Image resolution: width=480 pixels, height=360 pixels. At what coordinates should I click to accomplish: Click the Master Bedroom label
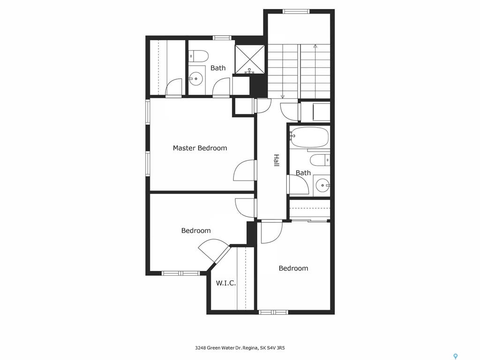[200, 148]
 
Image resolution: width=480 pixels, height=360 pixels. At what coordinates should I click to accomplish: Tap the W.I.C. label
[226, 283]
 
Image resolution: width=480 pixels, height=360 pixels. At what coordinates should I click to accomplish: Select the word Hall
[277, 160]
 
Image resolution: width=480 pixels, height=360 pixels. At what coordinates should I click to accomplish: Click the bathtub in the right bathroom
[309, 137]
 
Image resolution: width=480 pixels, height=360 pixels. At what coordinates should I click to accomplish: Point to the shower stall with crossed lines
[250, 60]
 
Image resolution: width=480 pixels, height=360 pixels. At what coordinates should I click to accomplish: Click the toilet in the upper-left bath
[198, 55]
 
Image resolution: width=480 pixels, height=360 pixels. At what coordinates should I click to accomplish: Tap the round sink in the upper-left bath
[195, 79]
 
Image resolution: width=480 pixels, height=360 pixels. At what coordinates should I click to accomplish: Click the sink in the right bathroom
[322, 185]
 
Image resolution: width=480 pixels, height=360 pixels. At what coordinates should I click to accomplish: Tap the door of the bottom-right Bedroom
[271, 232]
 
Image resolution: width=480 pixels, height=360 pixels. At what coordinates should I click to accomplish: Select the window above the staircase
[296, 12]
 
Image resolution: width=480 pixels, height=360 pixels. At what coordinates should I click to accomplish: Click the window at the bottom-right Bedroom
[273, 312]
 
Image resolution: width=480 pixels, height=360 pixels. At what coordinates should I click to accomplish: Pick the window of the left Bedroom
[180, 273]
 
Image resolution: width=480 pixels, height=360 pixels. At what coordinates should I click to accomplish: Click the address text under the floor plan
[240, 348]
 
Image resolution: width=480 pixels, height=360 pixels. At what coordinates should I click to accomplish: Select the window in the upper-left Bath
[222, 38]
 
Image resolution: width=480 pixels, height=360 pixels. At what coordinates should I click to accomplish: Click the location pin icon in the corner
[456, 356]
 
